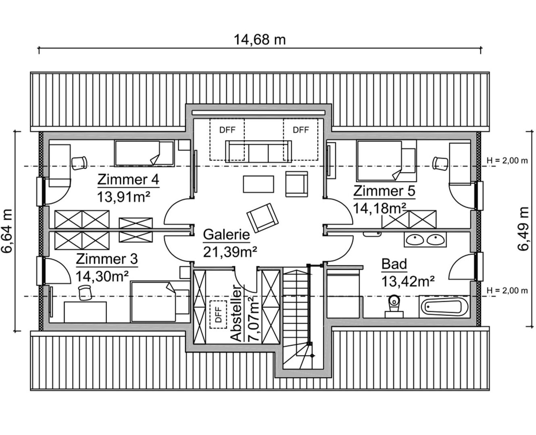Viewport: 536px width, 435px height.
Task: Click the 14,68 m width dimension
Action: pyautogui.click(x=260, y=40)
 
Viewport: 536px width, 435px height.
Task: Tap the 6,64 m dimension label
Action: pyautogui.click(x=7, y=231)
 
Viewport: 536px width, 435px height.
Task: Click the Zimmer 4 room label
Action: pyautogui.click(x=128, y=180)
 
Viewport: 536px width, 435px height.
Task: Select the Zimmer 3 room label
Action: pyautogui.click(x=107, y=259)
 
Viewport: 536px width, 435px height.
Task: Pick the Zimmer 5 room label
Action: pyautogui.click(x=384, y=191)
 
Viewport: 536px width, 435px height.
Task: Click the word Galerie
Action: pyautogui.click(x=227, y=235)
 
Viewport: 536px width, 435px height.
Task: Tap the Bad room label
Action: pyautogui.click(x=394, y=264)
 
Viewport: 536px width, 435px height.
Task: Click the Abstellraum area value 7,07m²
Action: pyautogui.click(x=253, y=319)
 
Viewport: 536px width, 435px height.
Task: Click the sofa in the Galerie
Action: pyautogui.click(x=259, y=151)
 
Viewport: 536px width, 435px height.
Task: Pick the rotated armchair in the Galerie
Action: pyautogui.click(x=263, y=217)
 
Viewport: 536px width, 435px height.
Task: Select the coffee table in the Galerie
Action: pyautogui.click(x=259, y=184)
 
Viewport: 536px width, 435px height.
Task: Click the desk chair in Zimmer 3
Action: pyautogui.click(x=85, y=292)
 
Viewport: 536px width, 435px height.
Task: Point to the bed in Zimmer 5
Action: pyautogui.click(x=386, y=161)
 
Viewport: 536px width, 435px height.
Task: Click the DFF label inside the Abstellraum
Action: pyautogui.click(x=218, y=315)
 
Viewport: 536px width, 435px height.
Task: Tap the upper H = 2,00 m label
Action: pyautogui.click(x=507, y=161)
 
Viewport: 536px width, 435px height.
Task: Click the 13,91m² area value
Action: pyautogui.click(x=124, y=197)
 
